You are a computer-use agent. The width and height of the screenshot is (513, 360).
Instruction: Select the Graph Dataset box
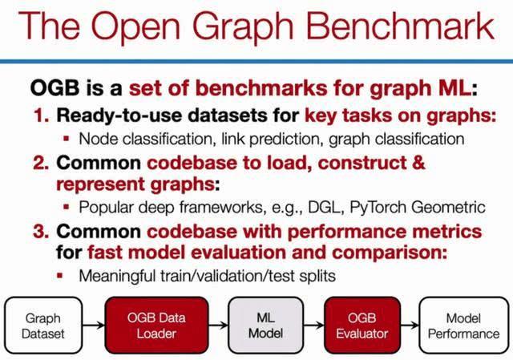point(43,326)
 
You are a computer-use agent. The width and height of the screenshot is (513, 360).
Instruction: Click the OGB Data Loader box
point(156,326)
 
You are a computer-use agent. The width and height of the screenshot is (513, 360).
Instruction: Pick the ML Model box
point(265,326)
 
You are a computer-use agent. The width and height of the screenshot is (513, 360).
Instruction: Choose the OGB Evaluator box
point(362,326)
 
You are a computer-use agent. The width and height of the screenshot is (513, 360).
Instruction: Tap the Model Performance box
point(463,326)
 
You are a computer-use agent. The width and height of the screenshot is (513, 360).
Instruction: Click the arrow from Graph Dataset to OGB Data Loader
point(94,326)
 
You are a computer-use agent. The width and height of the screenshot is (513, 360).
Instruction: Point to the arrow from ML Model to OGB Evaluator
point(313,326)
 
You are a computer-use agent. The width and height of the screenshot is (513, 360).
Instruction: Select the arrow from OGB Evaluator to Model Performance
point(410,326)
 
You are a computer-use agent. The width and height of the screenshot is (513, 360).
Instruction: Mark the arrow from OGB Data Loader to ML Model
point(218,326)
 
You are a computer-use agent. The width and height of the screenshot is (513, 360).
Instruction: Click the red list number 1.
point(41,115)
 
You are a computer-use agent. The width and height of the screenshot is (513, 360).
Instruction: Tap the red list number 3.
point(41,232)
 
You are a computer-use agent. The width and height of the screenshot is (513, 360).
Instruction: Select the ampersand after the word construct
point(418,163)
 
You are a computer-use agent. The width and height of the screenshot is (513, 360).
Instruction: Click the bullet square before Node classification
point(67,139)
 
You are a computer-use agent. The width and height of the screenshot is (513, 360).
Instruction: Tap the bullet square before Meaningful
point(59,276)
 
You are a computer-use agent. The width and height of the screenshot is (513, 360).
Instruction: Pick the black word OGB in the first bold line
point(55,88)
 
